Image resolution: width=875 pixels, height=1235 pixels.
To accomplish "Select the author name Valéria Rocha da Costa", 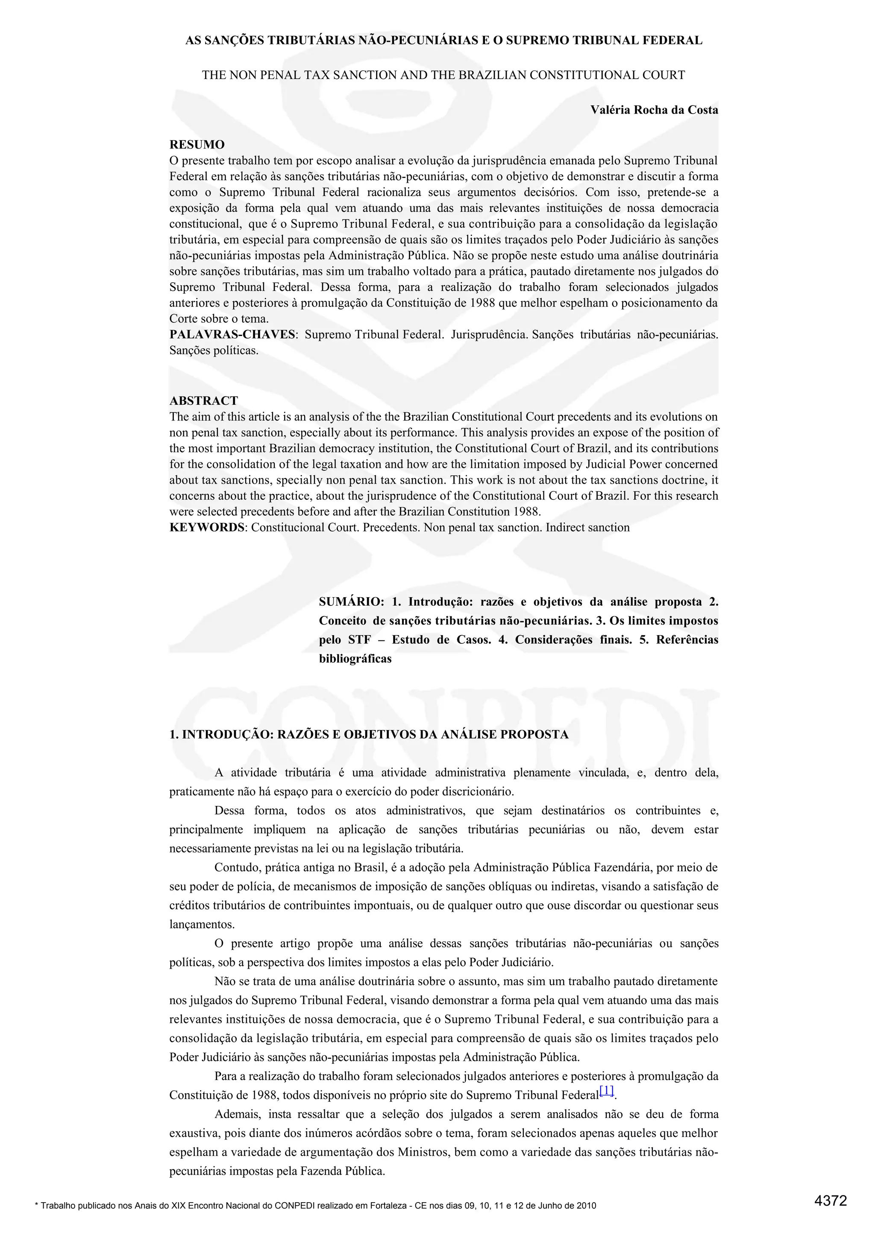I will click(654, 110).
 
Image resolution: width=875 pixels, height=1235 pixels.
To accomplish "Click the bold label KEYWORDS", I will click(207, 527).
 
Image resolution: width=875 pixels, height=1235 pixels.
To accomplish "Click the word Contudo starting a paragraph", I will click(234, 867).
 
